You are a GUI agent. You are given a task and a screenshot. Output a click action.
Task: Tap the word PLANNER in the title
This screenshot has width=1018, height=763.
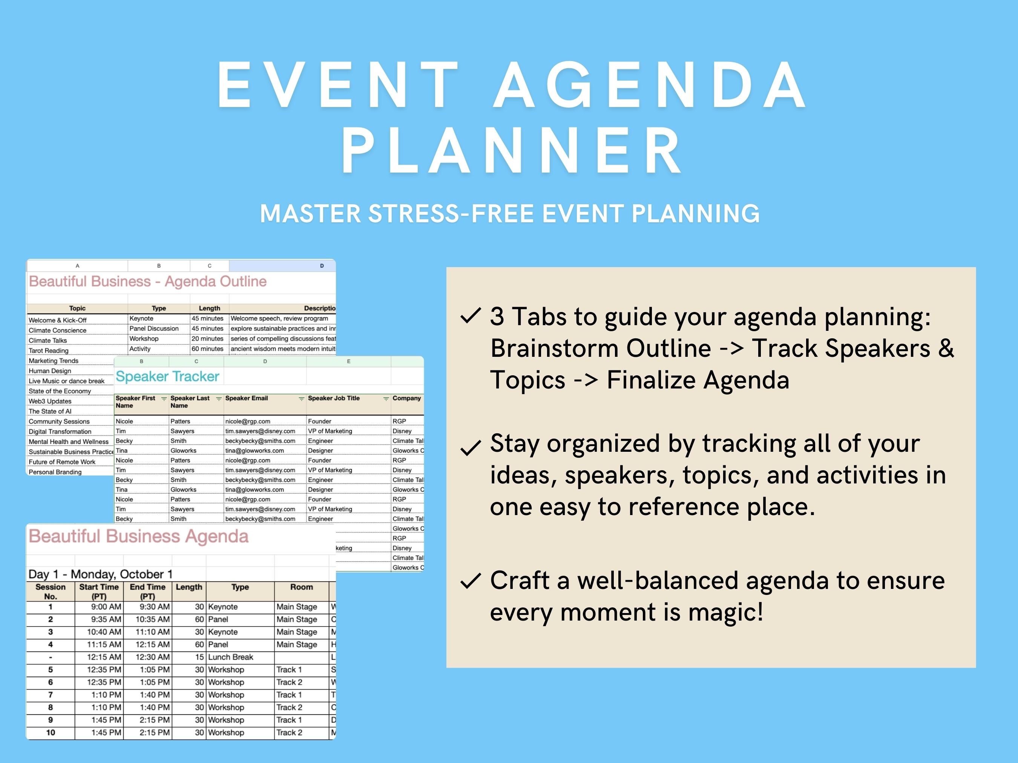[x=511, y=151]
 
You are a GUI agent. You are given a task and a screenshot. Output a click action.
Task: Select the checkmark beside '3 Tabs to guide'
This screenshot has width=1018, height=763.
[x=470, y=316]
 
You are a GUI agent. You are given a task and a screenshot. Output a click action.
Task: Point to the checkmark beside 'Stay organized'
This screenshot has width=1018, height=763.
[x=470, y=448]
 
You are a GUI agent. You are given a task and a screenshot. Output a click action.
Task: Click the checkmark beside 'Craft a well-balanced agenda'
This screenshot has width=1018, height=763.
[x=470, y=581]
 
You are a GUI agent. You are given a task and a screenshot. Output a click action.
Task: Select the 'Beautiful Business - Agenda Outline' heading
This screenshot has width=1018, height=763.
[x=148, y=281]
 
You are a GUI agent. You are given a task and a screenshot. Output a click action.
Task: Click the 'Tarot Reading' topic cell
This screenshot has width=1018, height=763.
[x=48, y=350]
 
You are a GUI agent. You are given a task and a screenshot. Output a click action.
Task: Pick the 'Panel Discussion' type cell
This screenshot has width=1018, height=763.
[x=154, y=329]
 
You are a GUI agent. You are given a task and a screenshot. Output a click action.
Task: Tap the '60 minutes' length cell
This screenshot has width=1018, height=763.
[x=207, y=349]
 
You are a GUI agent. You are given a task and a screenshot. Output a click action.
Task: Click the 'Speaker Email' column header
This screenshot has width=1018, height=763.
[x=246, y=398]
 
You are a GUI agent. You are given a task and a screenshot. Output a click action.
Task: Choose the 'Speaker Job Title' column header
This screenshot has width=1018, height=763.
[x=334, y=398]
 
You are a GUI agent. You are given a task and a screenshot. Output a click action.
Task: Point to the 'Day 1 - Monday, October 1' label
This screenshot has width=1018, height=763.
[x=100, y=574]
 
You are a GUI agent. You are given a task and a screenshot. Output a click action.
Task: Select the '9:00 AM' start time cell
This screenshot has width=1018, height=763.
[x=106, y=607]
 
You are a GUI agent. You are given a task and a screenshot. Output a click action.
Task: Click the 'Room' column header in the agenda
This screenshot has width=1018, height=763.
[x=302, y=587]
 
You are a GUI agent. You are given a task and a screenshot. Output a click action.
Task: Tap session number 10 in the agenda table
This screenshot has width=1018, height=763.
[x=51, y=732]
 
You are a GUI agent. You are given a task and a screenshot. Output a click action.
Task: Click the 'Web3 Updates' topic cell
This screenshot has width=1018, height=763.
[x=50, y=401]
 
